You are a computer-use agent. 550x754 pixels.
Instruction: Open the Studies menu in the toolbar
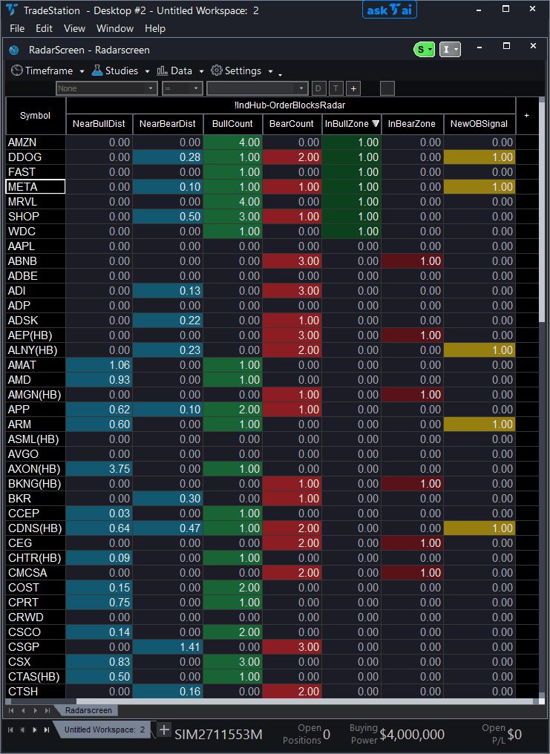tap(115, 71)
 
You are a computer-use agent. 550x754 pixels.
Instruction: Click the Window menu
tap(115, 28)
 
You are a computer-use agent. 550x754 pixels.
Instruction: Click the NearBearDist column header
tap(167, 124)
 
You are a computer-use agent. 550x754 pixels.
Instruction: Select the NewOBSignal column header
tap(479, 124)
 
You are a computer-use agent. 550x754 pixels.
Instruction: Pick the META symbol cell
tap(36, 187)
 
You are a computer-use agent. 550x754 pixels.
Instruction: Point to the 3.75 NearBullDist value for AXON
tap(99, 469)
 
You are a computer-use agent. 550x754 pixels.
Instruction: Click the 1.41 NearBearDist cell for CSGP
tap(167, 647)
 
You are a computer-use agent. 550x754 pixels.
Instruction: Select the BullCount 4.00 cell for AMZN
tap(233, 142)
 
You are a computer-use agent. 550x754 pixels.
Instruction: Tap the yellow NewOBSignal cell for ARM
tap(479, 424)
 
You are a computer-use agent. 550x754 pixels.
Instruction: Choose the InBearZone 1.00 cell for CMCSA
tap(413, 573)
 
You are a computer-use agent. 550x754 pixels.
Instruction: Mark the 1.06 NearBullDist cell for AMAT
tap(99, 365)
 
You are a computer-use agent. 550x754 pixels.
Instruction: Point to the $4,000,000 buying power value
tap(413, 735)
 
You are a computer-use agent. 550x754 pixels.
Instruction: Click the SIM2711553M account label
tap(218, 735)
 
